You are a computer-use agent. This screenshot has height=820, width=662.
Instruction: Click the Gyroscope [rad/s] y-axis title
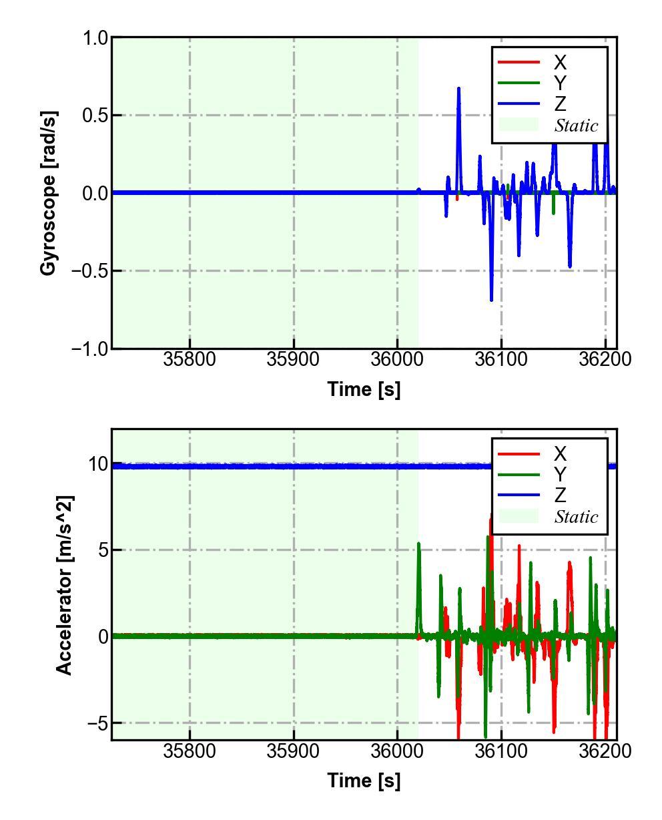point(48,193)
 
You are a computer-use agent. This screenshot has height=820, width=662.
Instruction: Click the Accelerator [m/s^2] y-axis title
point(63,585)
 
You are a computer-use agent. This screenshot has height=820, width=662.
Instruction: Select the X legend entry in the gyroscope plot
point(559,63)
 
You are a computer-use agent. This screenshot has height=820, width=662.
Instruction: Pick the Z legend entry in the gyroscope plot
point(559,104)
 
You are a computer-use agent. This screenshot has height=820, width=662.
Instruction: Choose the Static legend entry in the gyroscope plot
point(576,126)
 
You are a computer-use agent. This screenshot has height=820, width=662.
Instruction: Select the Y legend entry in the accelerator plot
point(559,475)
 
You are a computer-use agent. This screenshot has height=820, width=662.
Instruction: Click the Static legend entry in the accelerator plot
point(576,517)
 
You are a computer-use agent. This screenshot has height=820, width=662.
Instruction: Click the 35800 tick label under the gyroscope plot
point(190,359)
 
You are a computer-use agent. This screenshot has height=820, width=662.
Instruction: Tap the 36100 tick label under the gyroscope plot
point(501,359)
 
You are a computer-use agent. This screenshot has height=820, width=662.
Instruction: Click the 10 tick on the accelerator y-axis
point(98,464)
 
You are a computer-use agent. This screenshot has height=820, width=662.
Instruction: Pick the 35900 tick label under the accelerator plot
point(294,751)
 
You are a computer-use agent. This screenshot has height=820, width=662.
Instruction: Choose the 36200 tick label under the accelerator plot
point(605,751)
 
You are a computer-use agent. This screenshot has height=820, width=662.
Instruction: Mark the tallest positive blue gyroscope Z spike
point(458,89)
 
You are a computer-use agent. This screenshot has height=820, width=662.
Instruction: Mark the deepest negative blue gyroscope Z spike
point(491,299)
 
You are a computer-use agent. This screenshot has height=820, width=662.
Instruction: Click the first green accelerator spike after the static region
point(418,544)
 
